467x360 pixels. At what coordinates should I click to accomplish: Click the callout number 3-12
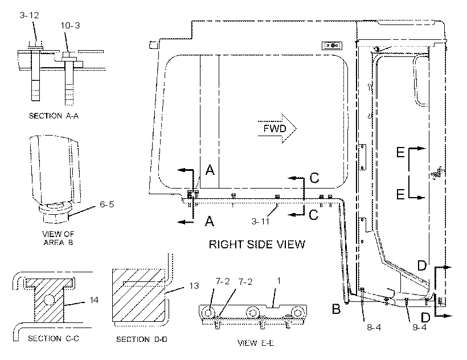pos(29,15)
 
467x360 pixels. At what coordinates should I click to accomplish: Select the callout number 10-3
pos(70,26)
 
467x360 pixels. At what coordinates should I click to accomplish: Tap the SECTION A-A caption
pos(54,116)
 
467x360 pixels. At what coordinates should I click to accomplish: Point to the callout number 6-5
pos(107,204)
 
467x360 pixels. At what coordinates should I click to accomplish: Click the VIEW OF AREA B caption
pos(58,238)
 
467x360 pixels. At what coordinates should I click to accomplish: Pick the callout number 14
pos(94,300)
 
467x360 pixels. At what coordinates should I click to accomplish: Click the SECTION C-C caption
pos(54,338)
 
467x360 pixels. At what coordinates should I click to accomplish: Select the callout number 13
pos(194,286)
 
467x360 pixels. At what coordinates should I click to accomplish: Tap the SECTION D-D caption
pos(142,339)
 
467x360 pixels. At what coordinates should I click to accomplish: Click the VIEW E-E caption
pos(256,343)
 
